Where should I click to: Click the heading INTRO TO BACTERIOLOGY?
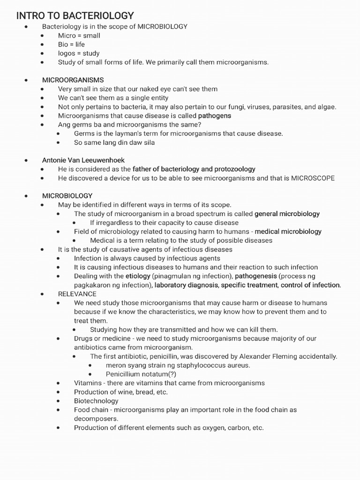pos(75,15)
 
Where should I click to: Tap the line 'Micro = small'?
pos(79,36)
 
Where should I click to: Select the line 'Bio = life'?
pos(71,45)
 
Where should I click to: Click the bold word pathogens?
pos(214,116)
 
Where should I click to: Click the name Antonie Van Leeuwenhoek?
pos(83,160)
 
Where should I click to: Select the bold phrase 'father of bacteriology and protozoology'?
pos(194,169)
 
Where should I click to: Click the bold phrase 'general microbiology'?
pos(287,214)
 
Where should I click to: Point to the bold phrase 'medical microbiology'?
pos(288,232)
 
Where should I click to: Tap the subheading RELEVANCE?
pos(77,294)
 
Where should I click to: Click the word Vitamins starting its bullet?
pos(88,383)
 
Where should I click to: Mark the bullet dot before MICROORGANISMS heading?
pos(26,80)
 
